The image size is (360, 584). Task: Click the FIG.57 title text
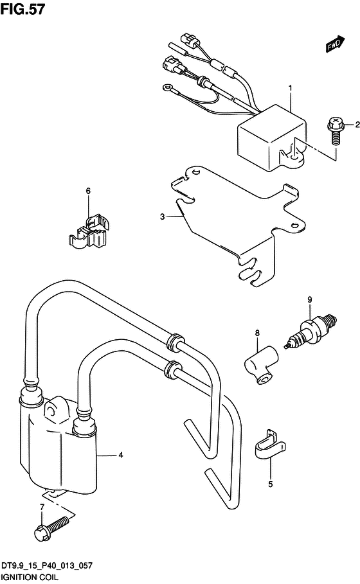(x=23, y=9)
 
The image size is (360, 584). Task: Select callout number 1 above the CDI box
(x=291, y=88)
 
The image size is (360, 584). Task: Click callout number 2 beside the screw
(x=357, y=125)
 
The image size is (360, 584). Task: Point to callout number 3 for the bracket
(x=162, y=217)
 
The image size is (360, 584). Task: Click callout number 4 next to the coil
(x=121, y=455)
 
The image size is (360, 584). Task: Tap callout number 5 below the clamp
(x=271, y=484)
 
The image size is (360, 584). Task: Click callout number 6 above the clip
(x=88, y=191)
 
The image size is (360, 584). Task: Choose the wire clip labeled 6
(x=90, y=232)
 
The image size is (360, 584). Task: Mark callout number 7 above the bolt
(x=42, y=507)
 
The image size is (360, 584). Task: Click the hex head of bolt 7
(x=41, y=534)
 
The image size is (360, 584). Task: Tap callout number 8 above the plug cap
(x=257, y=333)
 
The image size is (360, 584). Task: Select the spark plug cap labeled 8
(x=261, y=366)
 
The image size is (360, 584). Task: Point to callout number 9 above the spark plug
(x=310, y=299)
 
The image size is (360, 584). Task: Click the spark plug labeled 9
(x=310, y=331)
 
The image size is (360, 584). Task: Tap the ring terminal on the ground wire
(x=166, y=88)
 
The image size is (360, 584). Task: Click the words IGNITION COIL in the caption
(x=30, y=578)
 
